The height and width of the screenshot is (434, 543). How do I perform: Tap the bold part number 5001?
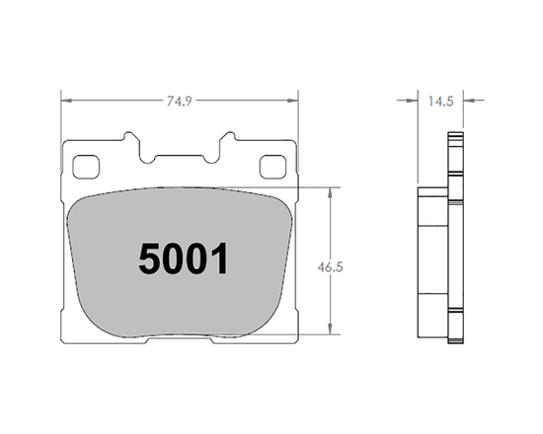click(x=184, y=259)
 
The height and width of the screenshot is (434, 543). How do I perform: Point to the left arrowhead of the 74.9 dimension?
click(x=65, y=100)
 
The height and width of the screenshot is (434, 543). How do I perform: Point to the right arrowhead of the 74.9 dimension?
click(x=293, y=100)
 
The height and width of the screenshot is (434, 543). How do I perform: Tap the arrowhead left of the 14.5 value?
click(x=416, y=100)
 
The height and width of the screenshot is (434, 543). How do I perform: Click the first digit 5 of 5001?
click(x=149, y=259)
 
